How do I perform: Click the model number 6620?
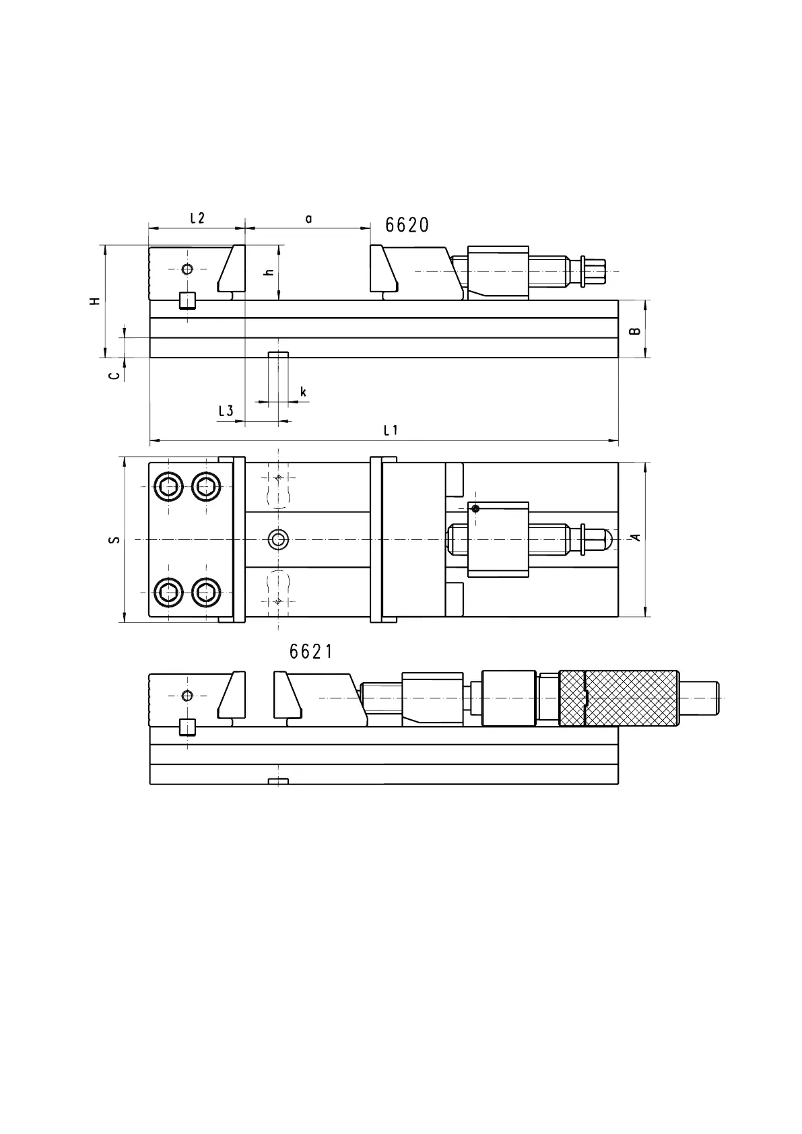tap(407, 225)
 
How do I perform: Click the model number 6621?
tap(311, 652)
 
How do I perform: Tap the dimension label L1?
tap(391, 430)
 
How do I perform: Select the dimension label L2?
tap(197, 218)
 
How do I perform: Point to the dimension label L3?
tap(226, 411)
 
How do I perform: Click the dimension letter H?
tap(95, 301)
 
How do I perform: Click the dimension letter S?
tap(115, 539)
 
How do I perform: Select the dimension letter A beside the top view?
tap(636, 537)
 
